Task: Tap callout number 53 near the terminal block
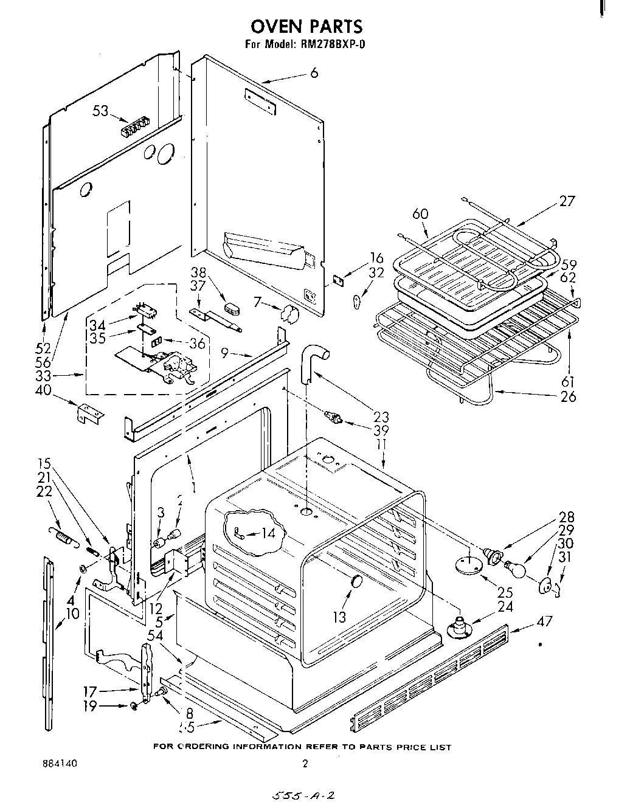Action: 101,111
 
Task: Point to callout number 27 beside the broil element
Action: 566,201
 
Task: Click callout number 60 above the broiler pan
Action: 420,214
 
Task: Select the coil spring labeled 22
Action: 61,535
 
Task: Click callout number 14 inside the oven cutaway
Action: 268,533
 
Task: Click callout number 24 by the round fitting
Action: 505,606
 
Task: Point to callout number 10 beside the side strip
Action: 72,613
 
